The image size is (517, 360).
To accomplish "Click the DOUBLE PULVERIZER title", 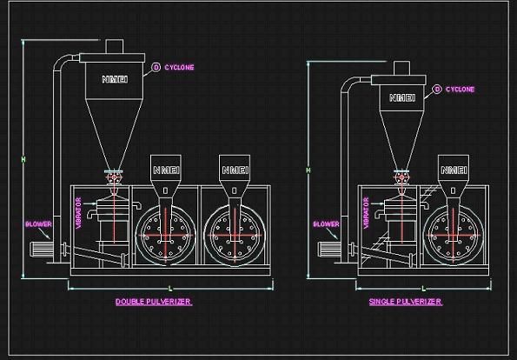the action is (153, 302).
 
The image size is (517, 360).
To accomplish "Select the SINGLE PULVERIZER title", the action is (405, 302).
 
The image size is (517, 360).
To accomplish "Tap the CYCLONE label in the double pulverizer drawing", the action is (179, 67).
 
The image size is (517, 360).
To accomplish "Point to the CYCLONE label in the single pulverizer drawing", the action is (461, 89).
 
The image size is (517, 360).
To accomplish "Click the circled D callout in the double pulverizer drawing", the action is (156, 67).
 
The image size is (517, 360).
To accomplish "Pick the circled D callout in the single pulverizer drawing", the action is (437, 89).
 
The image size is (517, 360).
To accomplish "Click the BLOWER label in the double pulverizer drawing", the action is (38, 224).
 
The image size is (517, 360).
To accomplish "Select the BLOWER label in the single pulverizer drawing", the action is (326, 224).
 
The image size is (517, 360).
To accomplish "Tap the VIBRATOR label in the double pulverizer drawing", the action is (78, 213).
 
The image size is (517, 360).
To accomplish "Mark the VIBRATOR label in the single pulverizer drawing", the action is (366, 213).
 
